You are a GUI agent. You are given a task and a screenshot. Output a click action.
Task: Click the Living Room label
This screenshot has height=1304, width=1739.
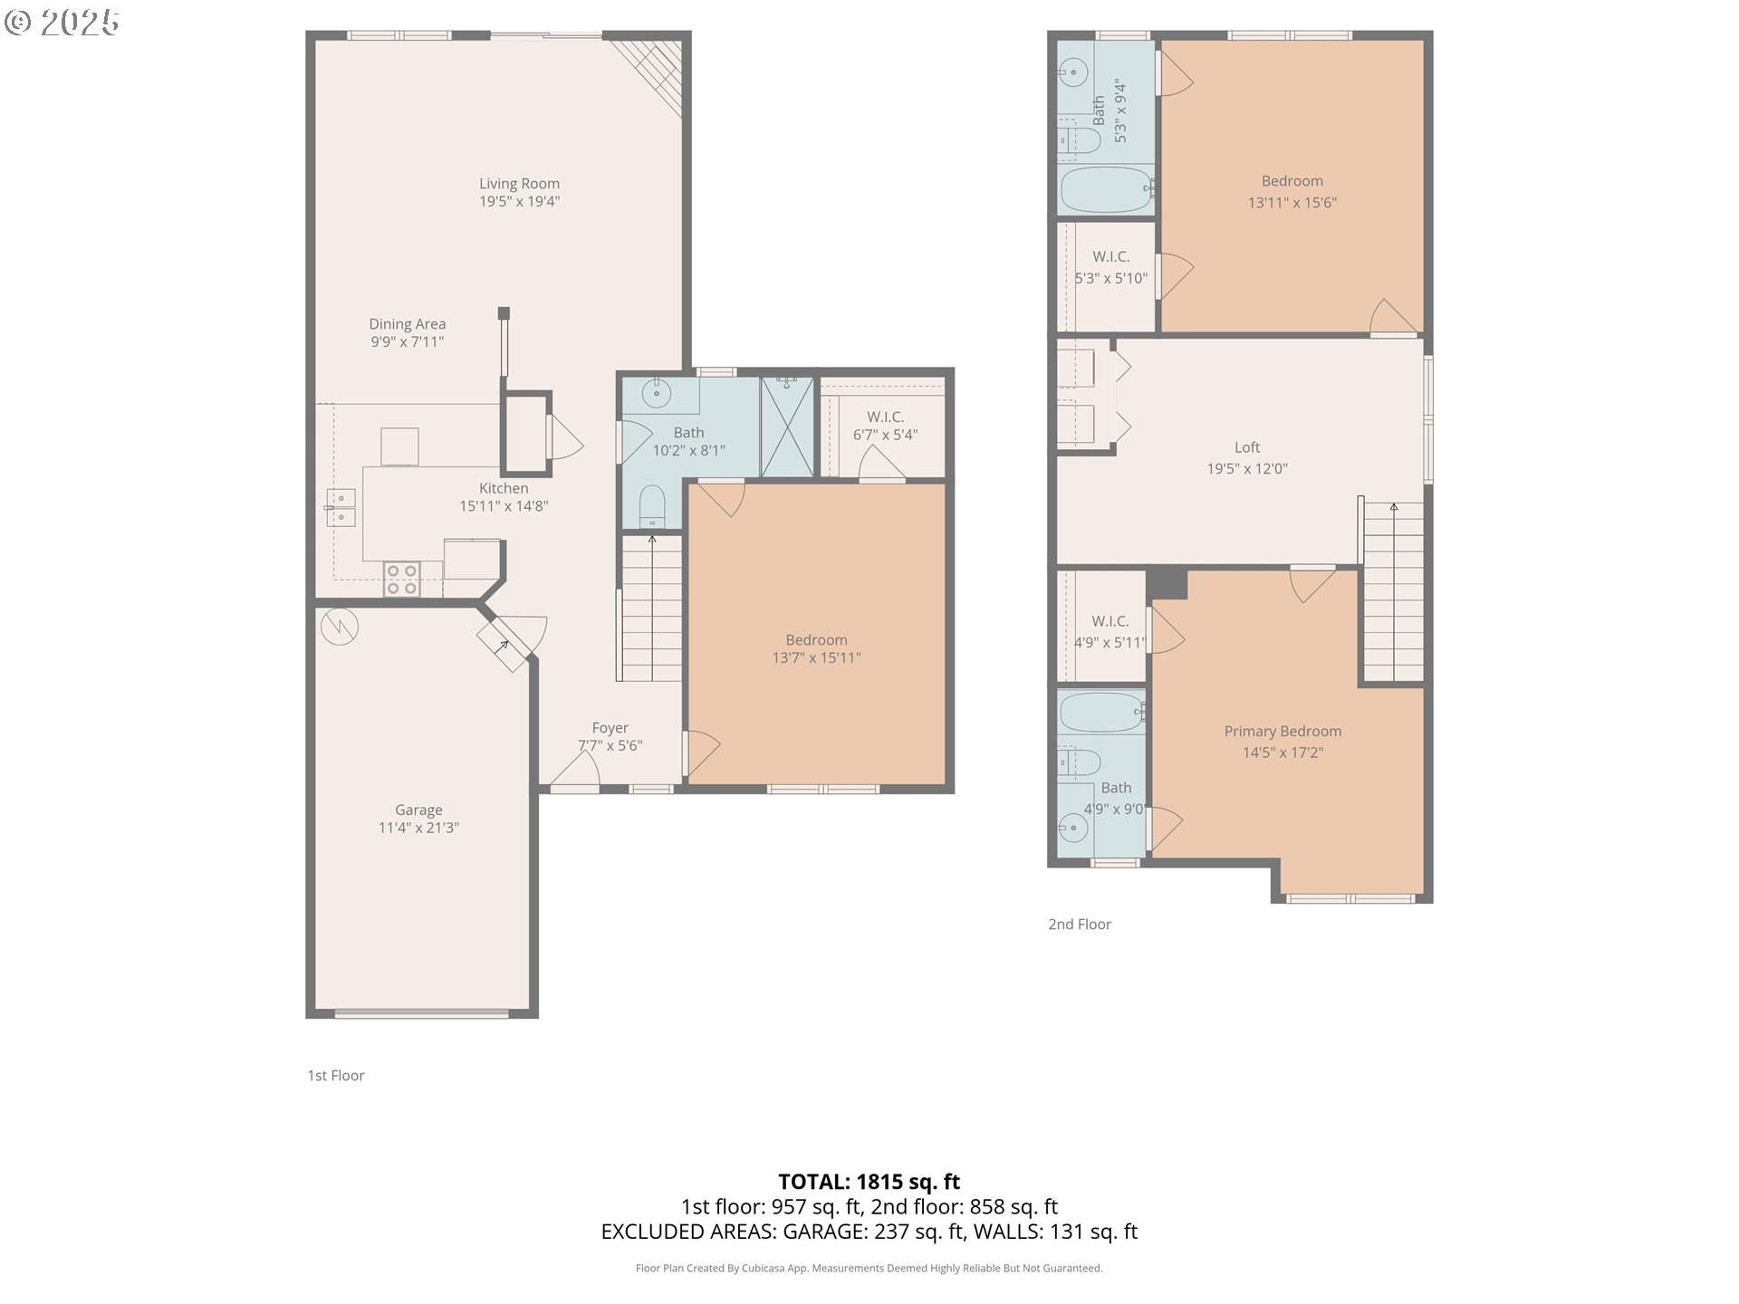519,184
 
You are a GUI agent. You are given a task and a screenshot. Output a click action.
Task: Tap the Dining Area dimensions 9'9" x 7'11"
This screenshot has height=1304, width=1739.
407,342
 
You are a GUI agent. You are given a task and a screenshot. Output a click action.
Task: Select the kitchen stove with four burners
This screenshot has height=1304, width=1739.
401,580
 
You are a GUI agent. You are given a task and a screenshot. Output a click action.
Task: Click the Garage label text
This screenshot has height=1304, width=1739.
418,810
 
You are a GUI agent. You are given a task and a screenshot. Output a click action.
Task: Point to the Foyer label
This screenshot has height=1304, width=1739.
610,728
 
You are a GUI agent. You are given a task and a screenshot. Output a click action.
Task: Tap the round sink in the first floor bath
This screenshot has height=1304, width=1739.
656,394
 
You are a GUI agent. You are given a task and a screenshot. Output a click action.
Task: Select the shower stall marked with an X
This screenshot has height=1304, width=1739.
787,427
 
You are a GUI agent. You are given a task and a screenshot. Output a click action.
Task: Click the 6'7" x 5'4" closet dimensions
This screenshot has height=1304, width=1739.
885,435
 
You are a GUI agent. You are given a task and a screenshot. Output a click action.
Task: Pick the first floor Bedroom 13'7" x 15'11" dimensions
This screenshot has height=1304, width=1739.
816,658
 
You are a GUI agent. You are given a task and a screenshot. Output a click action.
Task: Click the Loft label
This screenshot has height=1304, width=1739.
1247,447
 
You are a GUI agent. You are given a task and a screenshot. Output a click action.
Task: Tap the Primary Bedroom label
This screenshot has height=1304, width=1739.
1283,732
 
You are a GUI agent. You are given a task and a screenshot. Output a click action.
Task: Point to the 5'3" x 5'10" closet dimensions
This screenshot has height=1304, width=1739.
1110,279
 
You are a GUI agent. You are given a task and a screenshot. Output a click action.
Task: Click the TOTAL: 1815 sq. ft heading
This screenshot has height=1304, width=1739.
869,1182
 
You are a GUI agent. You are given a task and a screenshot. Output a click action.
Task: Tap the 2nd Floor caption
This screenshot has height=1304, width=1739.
1080,925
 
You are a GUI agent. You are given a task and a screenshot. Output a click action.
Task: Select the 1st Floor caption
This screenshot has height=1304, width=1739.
336,1076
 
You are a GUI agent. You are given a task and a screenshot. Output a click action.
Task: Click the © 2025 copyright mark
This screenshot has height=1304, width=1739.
62,23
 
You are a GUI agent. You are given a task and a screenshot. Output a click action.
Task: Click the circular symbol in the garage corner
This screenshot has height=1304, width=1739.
340,627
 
